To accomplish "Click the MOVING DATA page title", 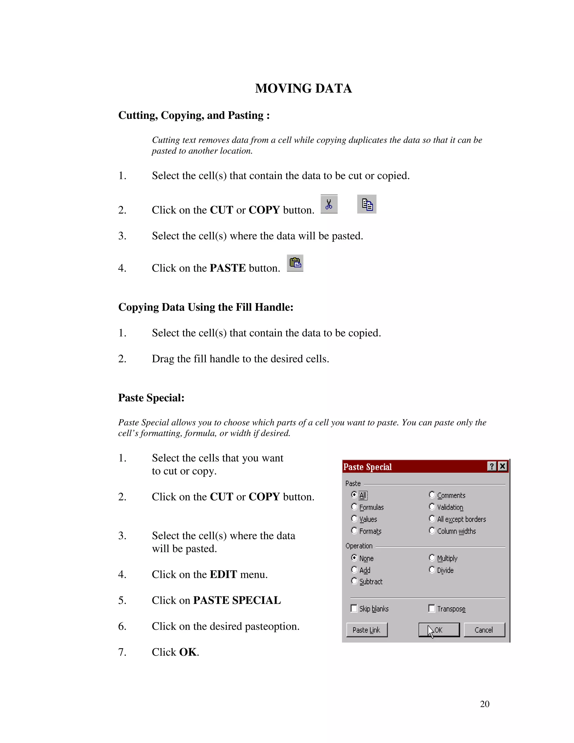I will pos(303,88).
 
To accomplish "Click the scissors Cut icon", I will pos(329,204).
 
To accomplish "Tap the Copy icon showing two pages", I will pos(367,204).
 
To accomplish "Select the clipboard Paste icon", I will pos(295,263).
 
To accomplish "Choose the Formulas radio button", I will pos(354,507).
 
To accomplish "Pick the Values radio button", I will pos(354,519).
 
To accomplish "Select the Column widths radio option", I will pos(432,531).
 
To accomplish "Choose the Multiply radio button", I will pos(432,558).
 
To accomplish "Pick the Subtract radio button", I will pos(354,581).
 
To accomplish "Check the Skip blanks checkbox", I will pos(354,608).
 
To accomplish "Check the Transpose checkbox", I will pos(432,608).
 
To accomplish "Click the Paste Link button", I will pos(367,630).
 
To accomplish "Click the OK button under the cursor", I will pos(439,630).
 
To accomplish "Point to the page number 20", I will pos(484,704).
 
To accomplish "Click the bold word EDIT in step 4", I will pos(223,574).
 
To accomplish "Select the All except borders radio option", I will pos(432,519).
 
